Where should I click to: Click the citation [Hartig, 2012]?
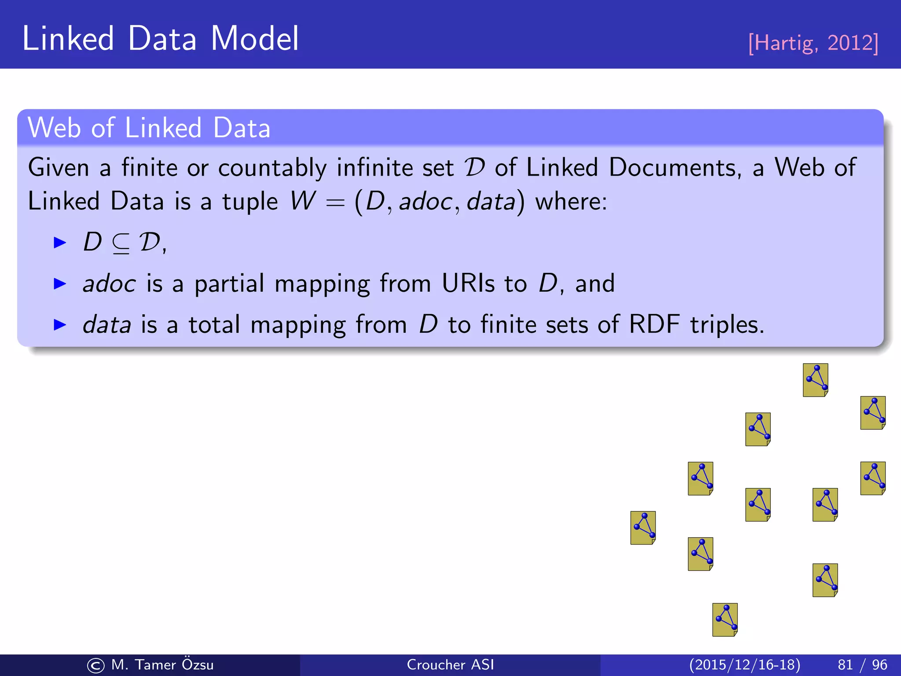[x=813, y=43]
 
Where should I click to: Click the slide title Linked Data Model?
[x=161, y=39]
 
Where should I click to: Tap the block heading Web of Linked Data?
[x=149, y=128]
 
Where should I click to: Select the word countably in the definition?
[x=272, y=168]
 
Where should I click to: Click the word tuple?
[x=250, y=202]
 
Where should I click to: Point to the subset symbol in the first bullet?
[x=121, y=243]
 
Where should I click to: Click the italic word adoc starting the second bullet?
[x=109, y=283]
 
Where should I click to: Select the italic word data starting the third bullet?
[x=107, y=325]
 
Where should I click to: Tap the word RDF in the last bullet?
[x=654, y=325]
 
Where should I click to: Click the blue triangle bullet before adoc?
[x=59, y=284]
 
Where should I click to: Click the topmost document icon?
[x=815, y=380]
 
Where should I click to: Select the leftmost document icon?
[x=643, y=528]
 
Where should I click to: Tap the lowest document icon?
[x=725, y=620]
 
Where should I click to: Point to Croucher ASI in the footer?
[x=450, y=665]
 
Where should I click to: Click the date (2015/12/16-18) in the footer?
[x=744, y=665]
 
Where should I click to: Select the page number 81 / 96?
[x=862, y=665]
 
